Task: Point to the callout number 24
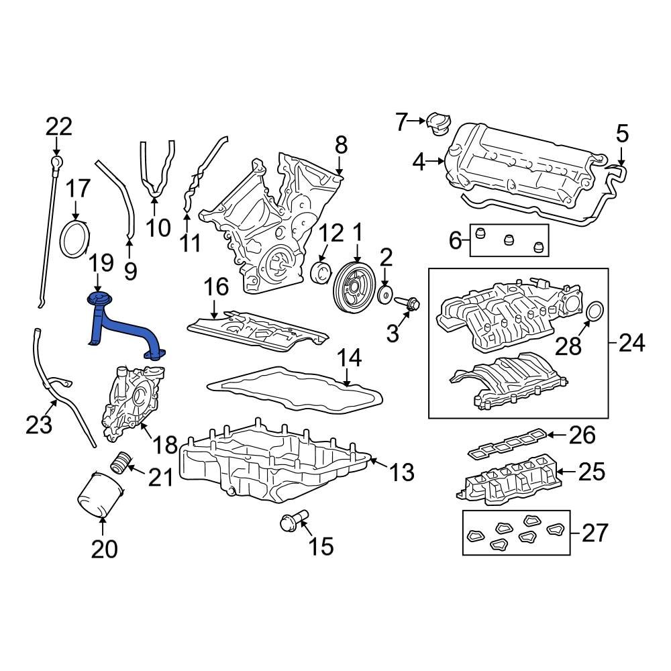coord(631,344)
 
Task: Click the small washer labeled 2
coord(386,295)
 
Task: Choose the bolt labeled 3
coord(408,304)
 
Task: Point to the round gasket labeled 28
coord(595,313)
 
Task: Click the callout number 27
coord(594,533)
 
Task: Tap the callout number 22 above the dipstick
coord(58,126)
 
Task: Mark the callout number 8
coord(341,144)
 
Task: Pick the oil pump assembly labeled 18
coord(127,403)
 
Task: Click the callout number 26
coord(582,435)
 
